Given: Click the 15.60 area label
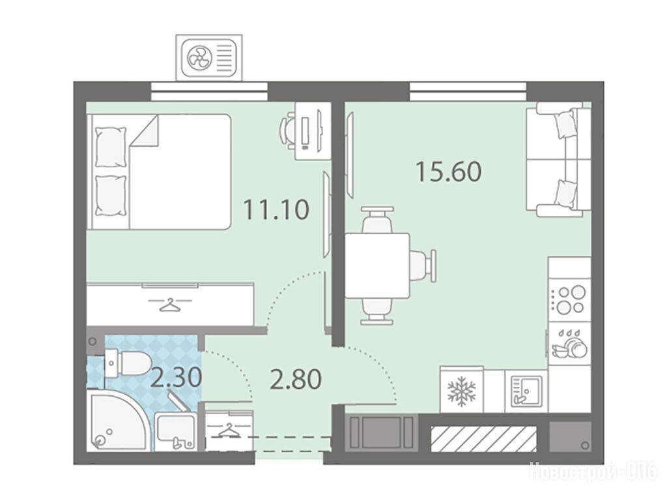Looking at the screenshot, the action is pyautogui.click(x=448, y=171).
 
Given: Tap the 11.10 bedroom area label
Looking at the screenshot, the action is pyautogui.click(x=276, y=209).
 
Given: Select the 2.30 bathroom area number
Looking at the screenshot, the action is pyautogui.click(x=176, y=377).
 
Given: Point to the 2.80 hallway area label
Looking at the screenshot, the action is pyautogui.click(x=296, y=380).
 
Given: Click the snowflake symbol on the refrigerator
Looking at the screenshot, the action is pyautogui.click(x=462, y=391).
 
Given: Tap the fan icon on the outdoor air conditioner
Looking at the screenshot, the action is pyautogui.click(x=199, y=57).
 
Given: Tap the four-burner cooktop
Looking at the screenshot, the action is pyautogui.click(x=569, y=299).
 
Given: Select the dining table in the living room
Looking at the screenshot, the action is pyautogui.click(x=377, y=266).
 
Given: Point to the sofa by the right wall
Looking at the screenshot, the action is pyautogui.click(x=558, y=160).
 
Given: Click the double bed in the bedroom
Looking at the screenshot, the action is pyautogui.click(x=159, y=172).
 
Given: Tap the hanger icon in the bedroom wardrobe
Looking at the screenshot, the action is pyautogui.click(x=170, y=304).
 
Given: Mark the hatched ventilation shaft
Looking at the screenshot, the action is pyautogui.click(x=484, y=439).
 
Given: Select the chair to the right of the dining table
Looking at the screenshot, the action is pyautogui.click(x=423, y=266).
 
